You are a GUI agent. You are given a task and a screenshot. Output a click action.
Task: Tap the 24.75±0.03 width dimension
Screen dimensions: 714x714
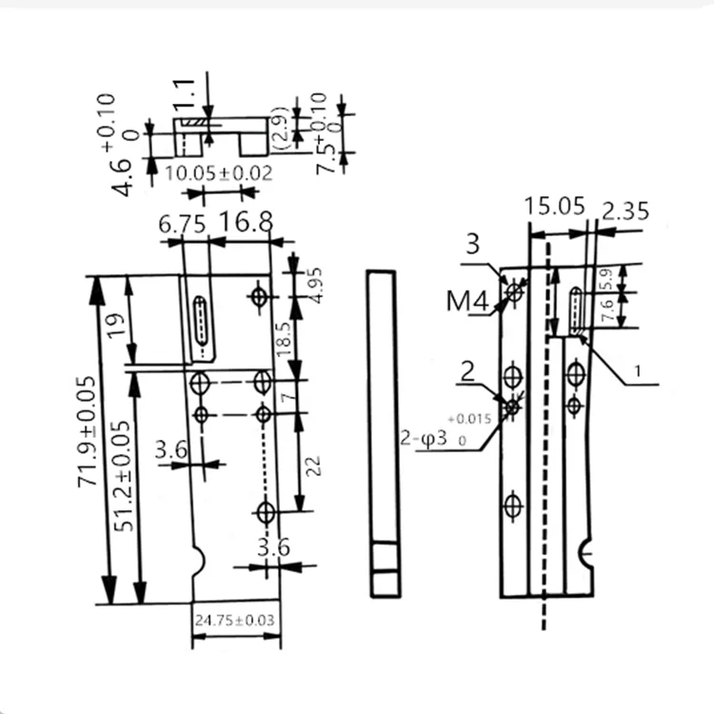(235, 621)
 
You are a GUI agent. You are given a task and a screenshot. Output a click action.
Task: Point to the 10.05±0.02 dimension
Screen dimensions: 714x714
(219, 173)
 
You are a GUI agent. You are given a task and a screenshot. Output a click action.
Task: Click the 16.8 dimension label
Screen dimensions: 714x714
(246, 223)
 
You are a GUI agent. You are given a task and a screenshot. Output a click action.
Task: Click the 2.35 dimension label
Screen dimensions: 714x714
(625, 210)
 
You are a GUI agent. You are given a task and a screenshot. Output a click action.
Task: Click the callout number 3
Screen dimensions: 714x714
(472, 245)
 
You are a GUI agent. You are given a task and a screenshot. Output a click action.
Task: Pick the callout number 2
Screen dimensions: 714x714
(467, 371)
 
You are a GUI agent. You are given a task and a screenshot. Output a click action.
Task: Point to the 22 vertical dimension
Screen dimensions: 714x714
(315, 465)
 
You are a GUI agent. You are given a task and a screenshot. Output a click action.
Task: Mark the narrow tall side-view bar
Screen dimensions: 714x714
(381, 433)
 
